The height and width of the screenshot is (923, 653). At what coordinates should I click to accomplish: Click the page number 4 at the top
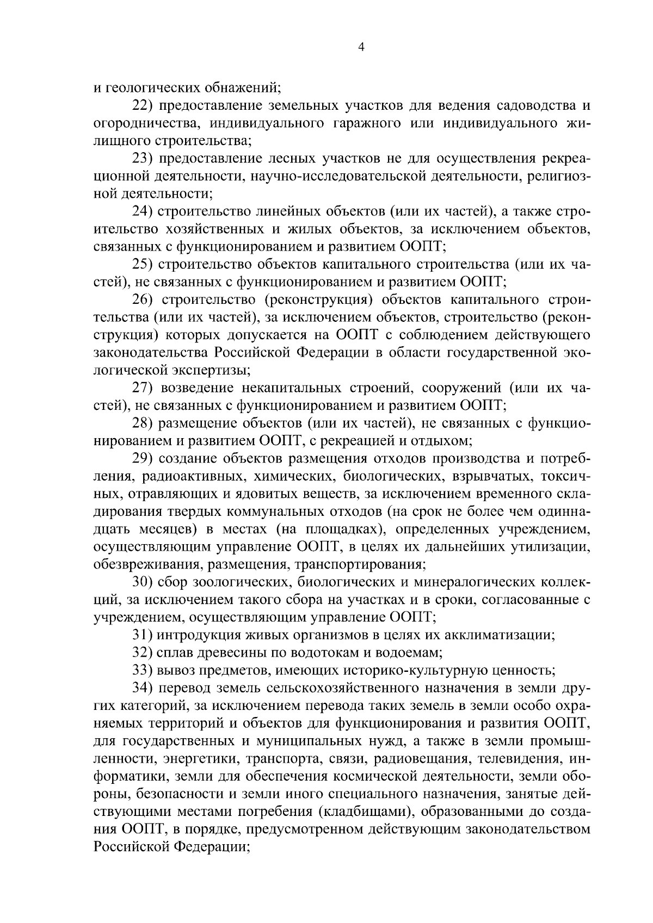coord(361,47)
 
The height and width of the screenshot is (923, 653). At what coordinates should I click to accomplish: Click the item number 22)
coord(144,105)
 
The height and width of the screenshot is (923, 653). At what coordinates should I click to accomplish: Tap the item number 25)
coord(144,264)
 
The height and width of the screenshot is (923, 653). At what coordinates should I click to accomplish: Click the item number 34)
coord(144,688)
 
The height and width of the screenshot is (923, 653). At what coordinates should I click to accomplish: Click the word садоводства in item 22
coord(523,105)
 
